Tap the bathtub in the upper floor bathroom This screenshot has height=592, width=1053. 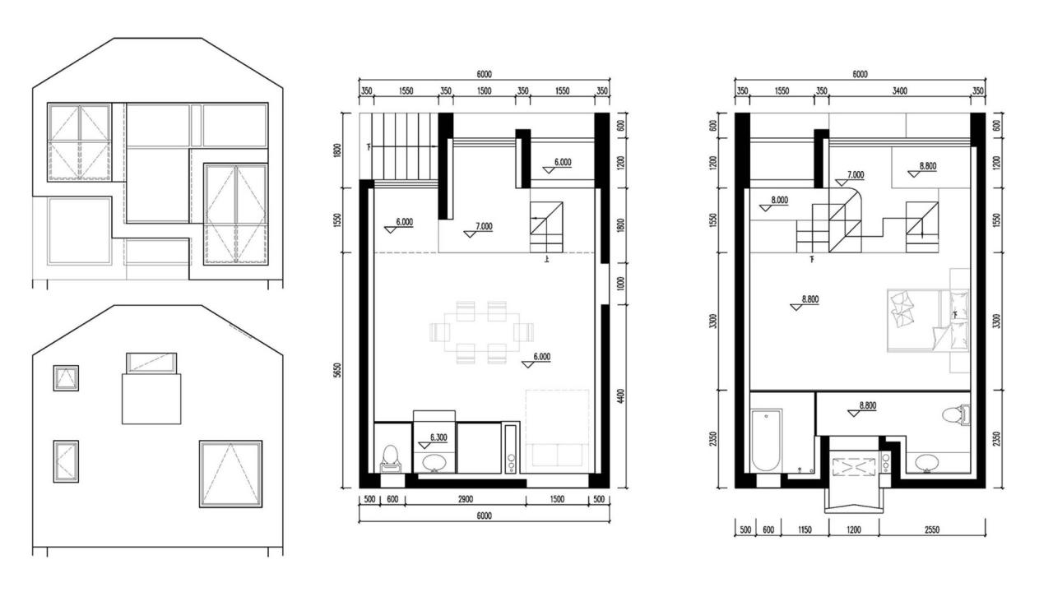click(x=766, y=440)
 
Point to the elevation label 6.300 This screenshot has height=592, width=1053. click(x=438, y=437)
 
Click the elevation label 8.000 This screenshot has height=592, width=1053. click(x=778, y=200)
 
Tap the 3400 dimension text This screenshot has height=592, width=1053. click(x=899, y=91)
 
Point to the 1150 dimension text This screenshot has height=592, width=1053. click(x=805, y=530)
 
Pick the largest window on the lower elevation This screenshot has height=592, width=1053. click(x=230, y=473)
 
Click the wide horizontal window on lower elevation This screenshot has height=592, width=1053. click(x=151, y=363)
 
